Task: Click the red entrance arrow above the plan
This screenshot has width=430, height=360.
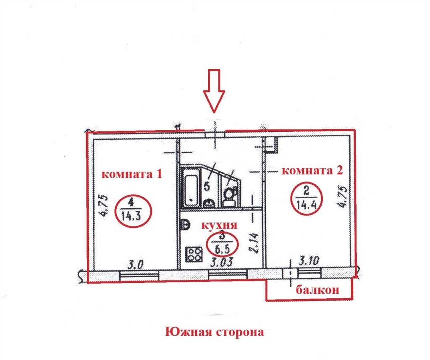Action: tap(214, 91)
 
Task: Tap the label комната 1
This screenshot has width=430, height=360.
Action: tap(132, 174)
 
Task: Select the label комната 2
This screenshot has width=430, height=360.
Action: tap(312, 171)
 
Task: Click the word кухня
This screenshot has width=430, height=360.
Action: tap(219, 225)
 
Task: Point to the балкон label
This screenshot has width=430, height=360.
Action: tap(317, 290)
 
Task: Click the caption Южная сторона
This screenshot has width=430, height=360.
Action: tap(215, 332)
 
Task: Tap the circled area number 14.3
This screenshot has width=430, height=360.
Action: tap(133, 210)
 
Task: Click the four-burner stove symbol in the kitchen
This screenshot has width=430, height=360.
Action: tap(194, 254)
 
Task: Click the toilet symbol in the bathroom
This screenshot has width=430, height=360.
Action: tap(229, 197)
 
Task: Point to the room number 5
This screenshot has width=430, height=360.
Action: tap(207, 187)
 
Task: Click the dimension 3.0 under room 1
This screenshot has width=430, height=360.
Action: tap(136, 265)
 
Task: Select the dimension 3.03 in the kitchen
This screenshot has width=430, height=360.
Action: tap(222, 262)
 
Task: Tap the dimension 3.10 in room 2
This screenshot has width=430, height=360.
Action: tap(308, 260)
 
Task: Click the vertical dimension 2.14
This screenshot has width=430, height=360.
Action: tap(253, 243)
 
